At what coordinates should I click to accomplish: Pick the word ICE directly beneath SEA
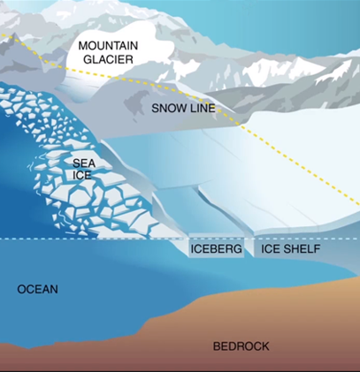pyautogui.click(x=83, y=176)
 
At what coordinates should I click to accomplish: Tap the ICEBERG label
pyautogui.click(x=217, y=250)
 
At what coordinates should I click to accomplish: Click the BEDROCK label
pyautogui.click(x=241, y=345)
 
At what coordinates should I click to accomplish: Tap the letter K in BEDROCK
pyautogui.click(x=265, y=345)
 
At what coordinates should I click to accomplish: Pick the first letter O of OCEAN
pyautogui.click(x=22, y=290)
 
